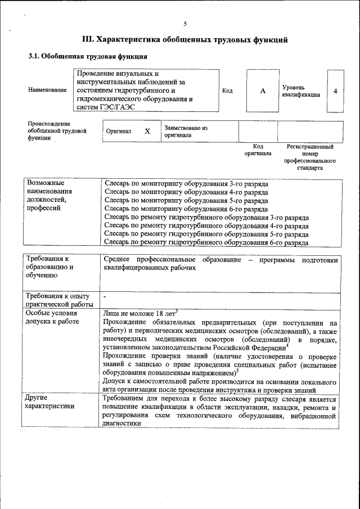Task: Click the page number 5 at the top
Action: tap(185, 23)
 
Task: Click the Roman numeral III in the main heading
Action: tap(88, 40)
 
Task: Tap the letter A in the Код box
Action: tap(262, 91)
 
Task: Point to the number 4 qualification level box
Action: tap(335, 91)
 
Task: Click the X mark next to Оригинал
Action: tap(147, 131)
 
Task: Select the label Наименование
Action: tap(47, 91)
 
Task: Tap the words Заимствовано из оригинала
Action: tap(186, 131)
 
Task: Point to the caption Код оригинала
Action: tap(258, 150)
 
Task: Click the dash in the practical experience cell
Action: tap(105, 295)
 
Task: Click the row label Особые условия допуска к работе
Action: tap(52, 317)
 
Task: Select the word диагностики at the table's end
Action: tap(122, 425)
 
